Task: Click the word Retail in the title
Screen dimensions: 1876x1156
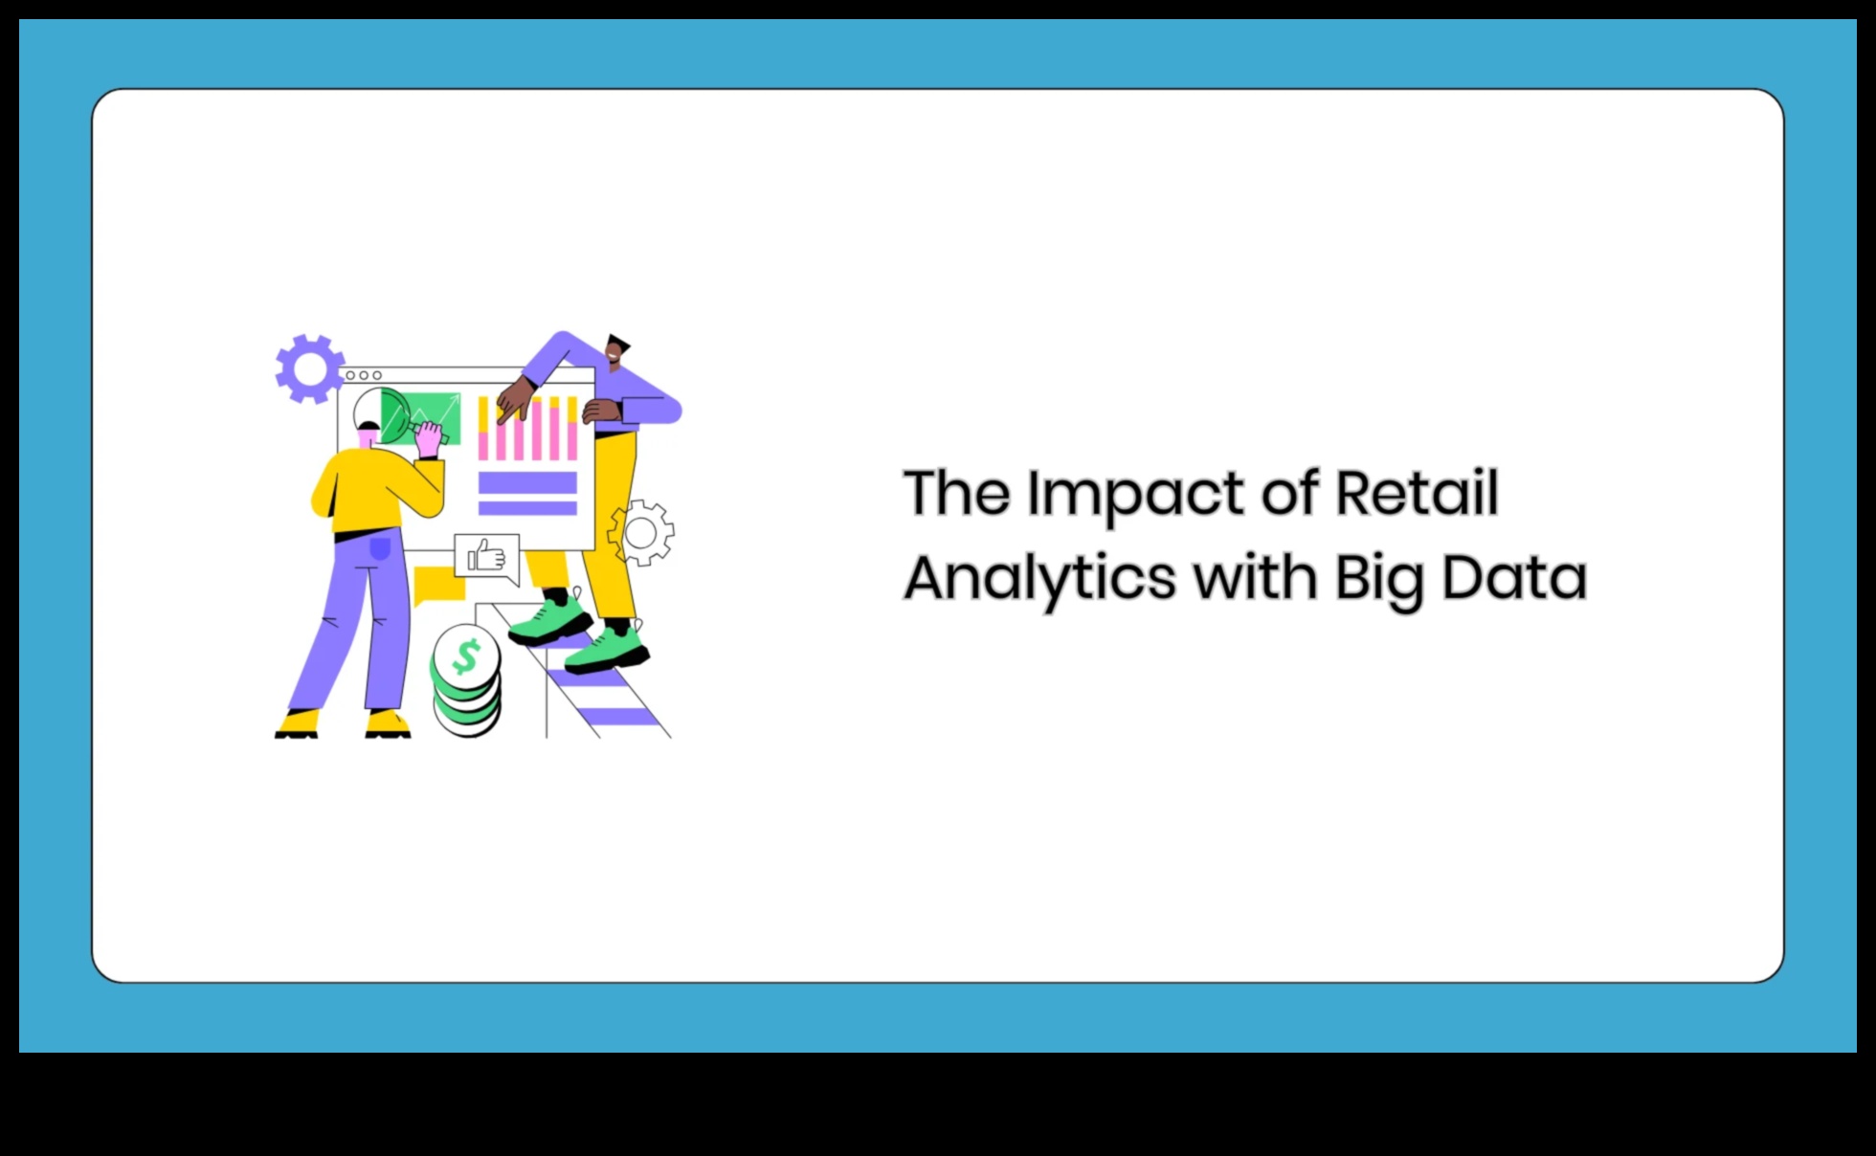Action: point(1417,493)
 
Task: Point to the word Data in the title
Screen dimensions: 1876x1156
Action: point(1514,577)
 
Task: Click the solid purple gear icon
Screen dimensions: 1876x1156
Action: point(309,368)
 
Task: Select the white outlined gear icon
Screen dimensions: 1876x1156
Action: point(640,533)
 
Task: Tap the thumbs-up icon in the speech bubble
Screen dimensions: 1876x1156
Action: point(486,556)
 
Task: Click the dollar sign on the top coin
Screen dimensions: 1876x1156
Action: point(466,656)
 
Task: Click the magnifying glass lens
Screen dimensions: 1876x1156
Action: point(382,415)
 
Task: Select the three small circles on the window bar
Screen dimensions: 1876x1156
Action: point(364,375)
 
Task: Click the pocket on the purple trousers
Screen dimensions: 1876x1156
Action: point(380,547)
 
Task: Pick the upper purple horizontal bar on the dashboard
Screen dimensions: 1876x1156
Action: point(527,482)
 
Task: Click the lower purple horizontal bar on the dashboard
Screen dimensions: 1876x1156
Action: point(527,508)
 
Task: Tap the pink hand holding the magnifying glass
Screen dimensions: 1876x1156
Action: point(428,438)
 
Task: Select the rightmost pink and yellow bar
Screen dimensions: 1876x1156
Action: point(572,428)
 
